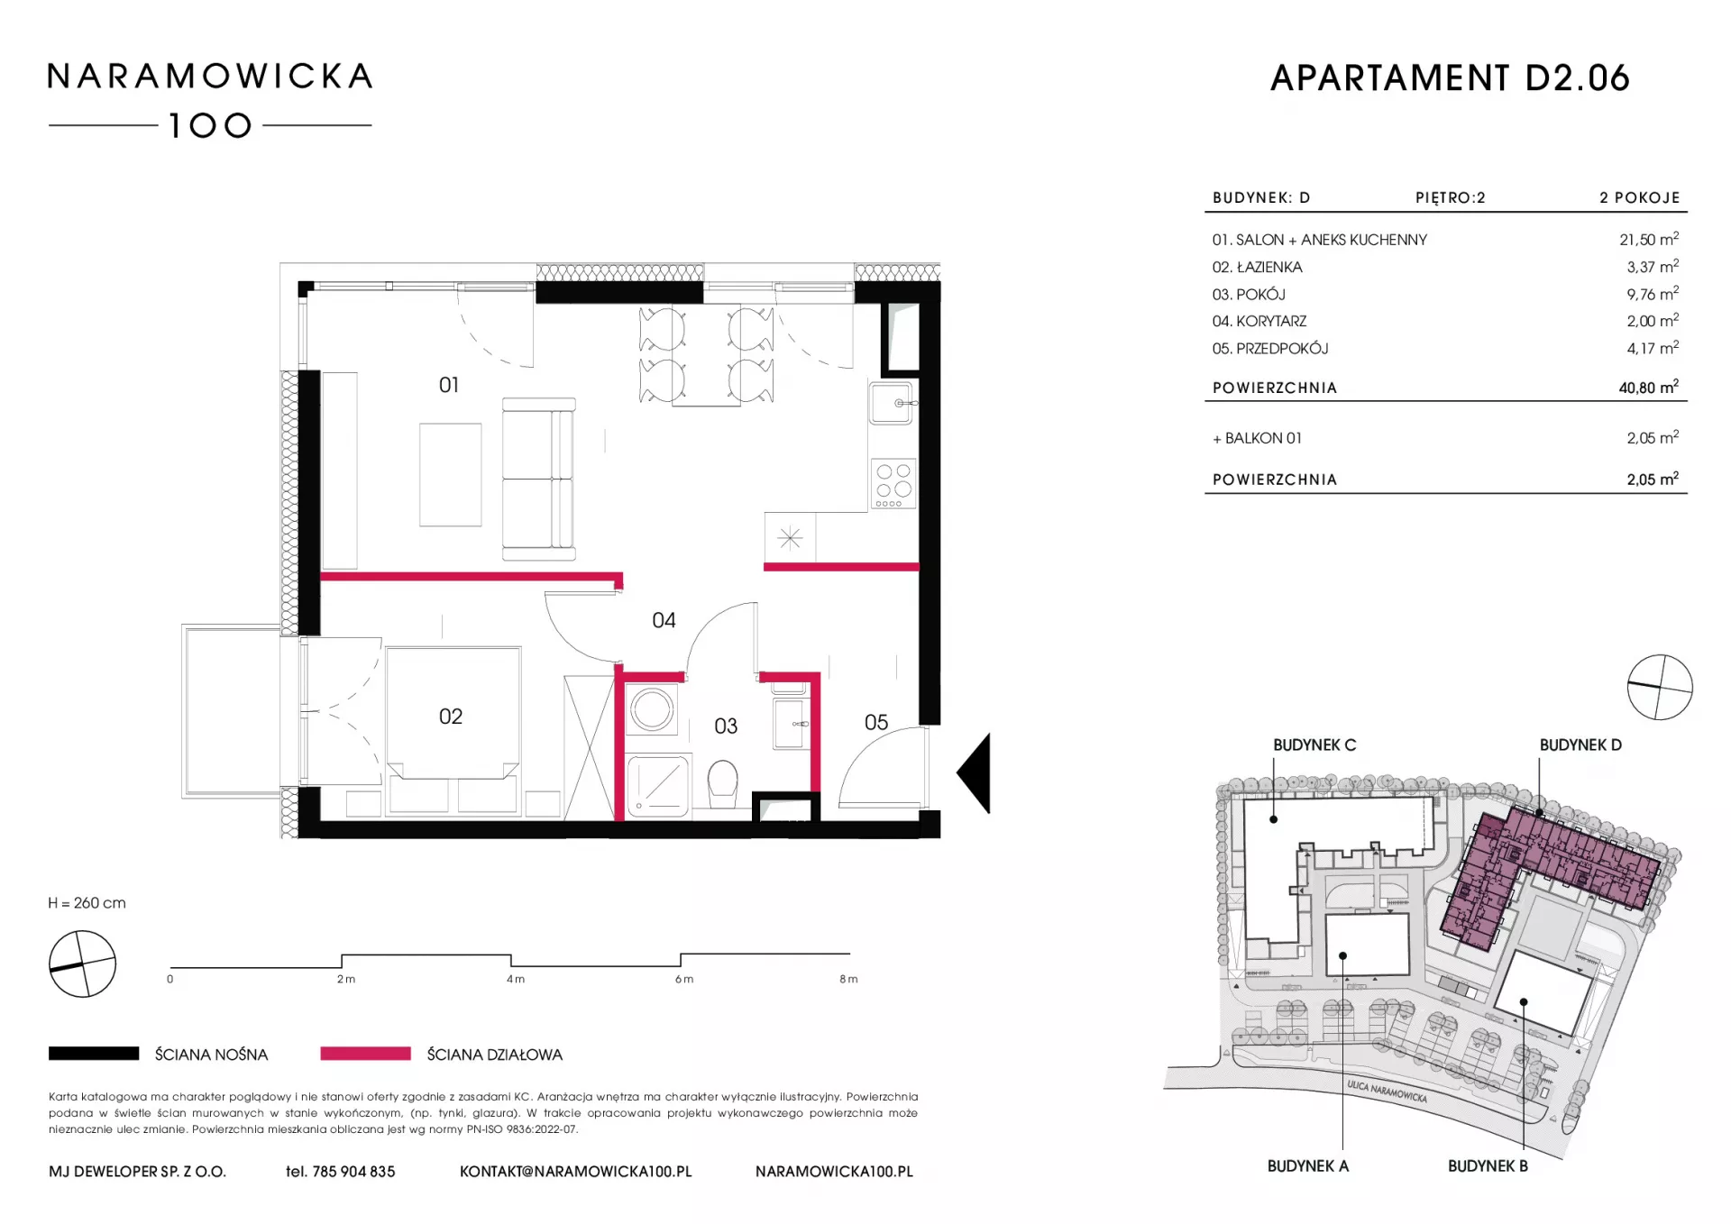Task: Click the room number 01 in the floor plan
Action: pyautogui.click(x=449, y=385)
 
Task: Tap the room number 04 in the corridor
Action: pyautogui.click(x=664, y=620)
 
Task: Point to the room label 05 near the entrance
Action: pyautogui.click(x=876, y=722)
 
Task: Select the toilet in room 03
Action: pyautogui.click(x=723, y=785)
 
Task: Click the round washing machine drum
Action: pyautogui.click(x=652, y=709)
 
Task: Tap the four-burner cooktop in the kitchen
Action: pyautogui.click(x=893, y=484)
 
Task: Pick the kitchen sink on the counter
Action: pyautogui.click(x=893, y=403)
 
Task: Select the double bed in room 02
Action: pyautogui.click(x=453, y=712)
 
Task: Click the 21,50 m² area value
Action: pyautogui.click(x=1649, y=239)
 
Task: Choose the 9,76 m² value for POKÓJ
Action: pyautogui.click(x=1653, y=294)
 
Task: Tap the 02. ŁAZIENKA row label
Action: pyautogui.click(x=1257, y=267)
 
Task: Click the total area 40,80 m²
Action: pyautogui.click(x=1649, y=388)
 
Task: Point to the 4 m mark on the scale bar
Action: pyautogui.click(x=515, y=979)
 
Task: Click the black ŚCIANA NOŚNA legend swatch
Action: pyautogui.click(x=94, y=1054)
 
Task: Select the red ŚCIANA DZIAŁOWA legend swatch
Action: pyautogui.click(x=365, y=1054)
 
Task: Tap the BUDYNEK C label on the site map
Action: pyautogui.click(x=1314, y=745)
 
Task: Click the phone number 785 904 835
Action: pyautogui.click(x=353, y=1172)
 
